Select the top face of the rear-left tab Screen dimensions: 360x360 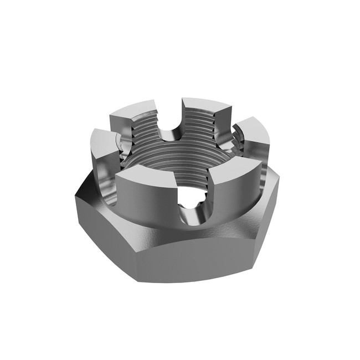pos(132,109)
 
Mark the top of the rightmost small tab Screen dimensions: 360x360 pos(254,128)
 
